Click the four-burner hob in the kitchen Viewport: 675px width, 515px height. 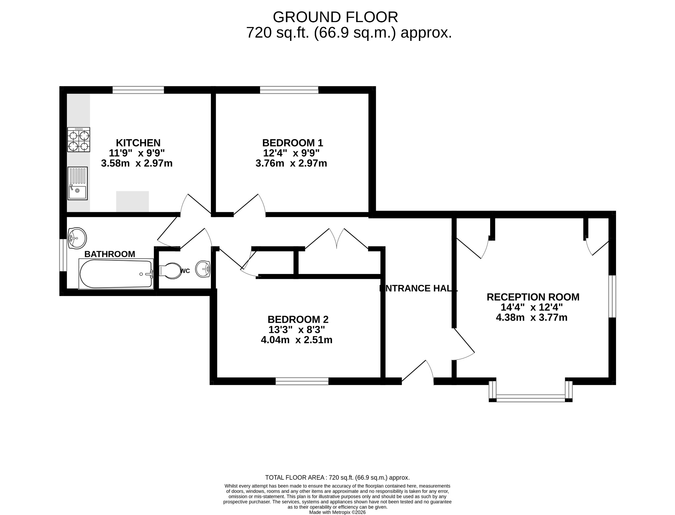pyautogui.click(x=78, y=140)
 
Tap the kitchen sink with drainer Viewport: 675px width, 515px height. pyautogui.click(x=78, y=183)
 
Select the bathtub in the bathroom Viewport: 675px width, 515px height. pyautogui.click(x=116, y=274)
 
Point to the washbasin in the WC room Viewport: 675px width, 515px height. pyautogui.click(x=203, y=269)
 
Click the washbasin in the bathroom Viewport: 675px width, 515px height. pyautogui.click(x=77, y=238)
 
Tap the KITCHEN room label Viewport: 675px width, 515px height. pyautogui.click(x=138, y=143)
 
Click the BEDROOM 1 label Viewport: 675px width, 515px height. pyautogui.click(x=292, y=143)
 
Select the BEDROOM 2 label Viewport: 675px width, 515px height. pyautogui.click(x=298, y=319)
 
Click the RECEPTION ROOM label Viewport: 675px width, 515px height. pyautogui.click(x=533, y=297)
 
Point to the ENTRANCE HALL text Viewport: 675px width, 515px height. pyautogui.click(x=419, y=288)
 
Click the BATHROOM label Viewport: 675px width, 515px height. pyautogui.click(x=110, y=254)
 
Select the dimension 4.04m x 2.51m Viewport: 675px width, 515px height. pyautogui.click(x=296, y=340)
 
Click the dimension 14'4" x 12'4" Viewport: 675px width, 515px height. pyautogui.click(x=531, y=307)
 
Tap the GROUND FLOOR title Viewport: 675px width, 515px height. pyautogui.click(x=335, y=17)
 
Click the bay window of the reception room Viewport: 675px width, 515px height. pyautogui.click(x=530, y=398)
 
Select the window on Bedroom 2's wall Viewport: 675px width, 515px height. pyautogui.click(x=302, y=381)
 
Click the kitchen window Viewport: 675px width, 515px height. pyautogui.click(x=138, y=90)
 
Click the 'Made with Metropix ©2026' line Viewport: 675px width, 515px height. pyautogui.click(x=337, y=512)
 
